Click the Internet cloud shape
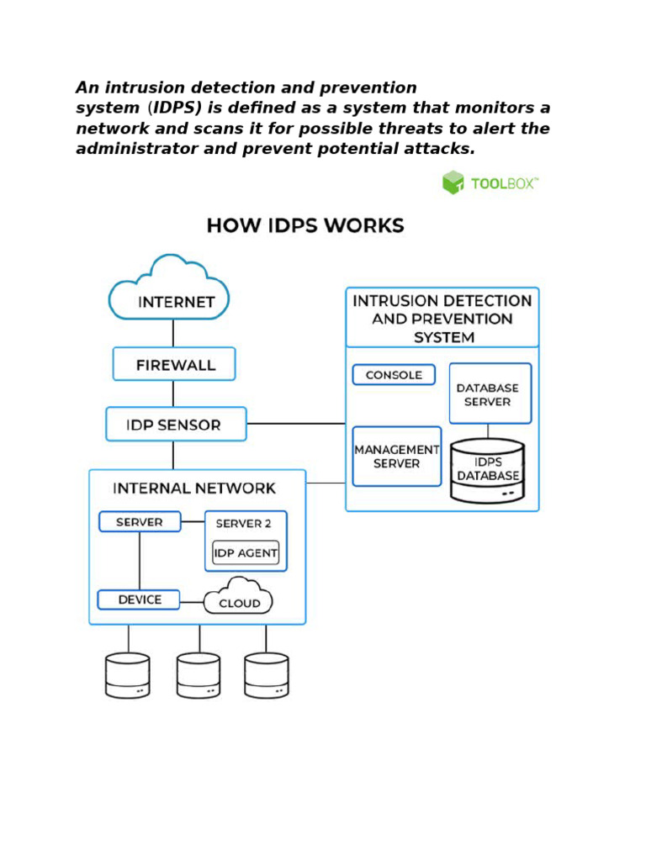(x=169, y=291)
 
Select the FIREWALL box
(x=174, y=365)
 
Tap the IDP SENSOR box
(x=175, y=425)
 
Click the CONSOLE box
(x=394, y=375)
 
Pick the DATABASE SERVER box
(x=490, y=394)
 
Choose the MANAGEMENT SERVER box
(x=396, y=457)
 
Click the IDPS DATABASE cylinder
(x=488, y=471)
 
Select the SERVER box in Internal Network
(x=140, y=522)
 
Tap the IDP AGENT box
(x=246, y=553)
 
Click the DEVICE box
(x=139, y=600)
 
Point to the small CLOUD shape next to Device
(x=239, y=597)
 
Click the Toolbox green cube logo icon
(x=453, y=182)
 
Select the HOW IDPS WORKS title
(x=305, y=226)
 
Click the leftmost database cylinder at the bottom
(x=128, y=675)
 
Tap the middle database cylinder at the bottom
(x=199, y=675)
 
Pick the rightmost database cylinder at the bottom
(x=267, y=675)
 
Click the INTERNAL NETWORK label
(x=194, y=489)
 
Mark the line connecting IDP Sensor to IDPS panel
(x=296, y=424)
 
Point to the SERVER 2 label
(x=243, y=524)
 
